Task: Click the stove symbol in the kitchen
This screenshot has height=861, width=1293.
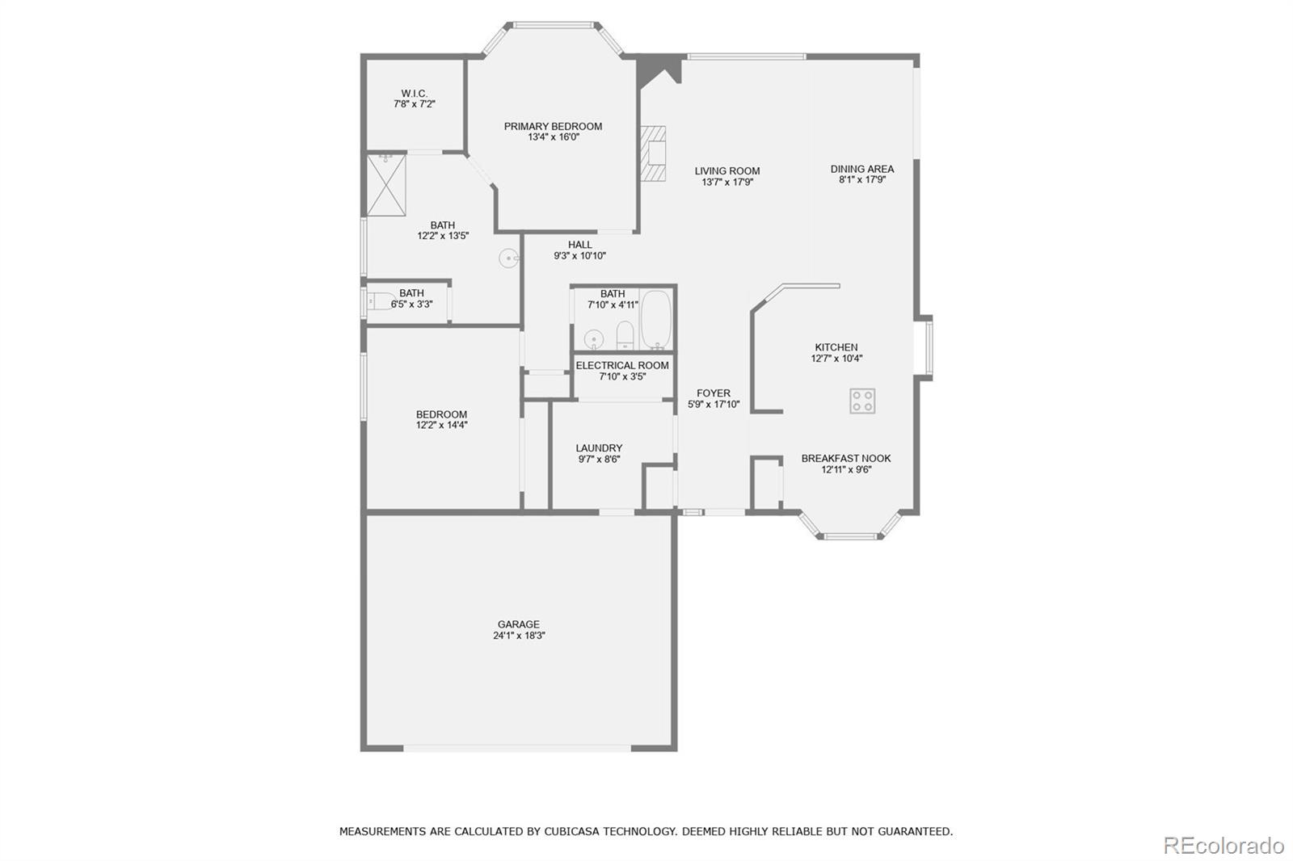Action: pyautogui.click(x=862, y=401)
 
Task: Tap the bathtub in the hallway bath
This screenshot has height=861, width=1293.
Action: pyautogui.click(x=656, y=320)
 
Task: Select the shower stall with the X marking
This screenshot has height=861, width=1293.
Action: pyautogui.click(x=386, y=185)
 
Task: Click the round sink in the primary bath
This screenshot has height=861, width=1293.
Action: pyautogui.click(x=508, y=259)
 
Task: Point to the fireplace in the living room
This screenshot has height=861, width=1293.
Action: pyautogui.click(x=654, y=153)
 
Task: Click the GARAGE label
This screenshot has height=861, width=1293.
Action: pyautogui.click(x=518, y=624)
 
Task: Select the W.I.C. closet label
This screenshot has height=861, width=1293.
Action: pyautogui.click(x=414, y=94)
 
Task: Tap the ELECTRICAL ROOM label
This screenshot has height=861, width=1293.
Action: pyautogui.click(x=622, y=366)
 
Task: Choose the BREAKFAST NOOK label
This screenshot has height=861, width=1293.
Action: pyautogui.click(x=846, y=458)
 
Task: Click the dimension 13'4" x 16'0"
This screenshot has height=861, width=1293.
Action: pyautogui.click(x=553, y=137)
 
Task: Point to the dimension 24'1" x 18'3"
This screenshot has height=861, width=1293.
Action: pyautogui.click(x=518, y=636)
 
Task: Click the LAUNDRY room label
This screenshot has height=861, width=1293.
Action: pyautogui.click(x=599, y=448)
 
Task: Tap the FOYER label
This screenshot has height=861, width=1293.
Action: pyautogui.click(x=713, y=393)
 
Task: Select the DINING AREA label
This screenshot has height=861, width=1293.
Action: pyautogui.click(x=861, y=169)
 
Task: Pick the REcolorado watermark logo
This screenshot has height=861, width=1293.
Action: pyautogui.click(x=1223, y=845)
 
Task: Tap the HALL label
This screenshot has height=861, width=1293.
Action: pyautogui.click(x=579, y=245)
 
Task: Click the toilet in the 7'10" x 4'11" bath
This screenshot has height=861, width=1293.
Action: pyautogui.click(x=625, y=335)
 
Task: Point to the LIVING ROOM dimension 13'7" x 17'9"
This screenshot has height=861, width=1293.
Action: pyautogui.click(x=727, y=183)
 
